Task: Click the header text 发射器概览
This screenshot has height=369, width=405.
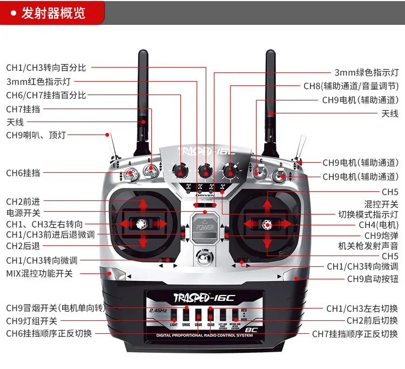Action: tap(53, 13)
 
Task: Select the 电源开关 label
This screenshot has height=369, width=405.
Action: tap(23, 213)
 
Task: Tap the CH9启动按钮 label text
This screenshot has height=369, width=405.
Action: tap(373, 279)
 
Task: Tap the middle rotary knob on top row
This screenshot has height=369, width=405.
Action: tap(205, 171)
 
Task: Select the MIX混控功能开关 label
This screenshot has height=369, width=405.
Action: tap(39, 273)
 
